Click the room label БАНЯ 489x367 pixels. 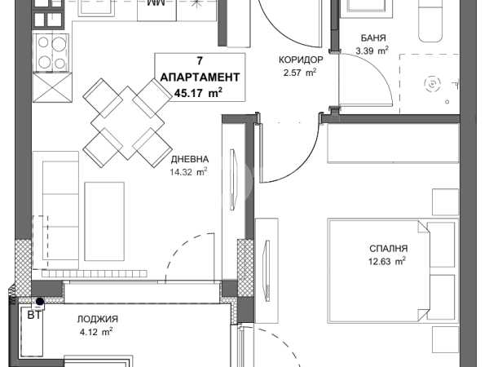tap(373, 38)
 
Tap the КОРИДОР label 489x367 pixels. tap(301, 60)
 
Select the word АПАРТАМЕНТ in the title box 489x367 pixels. tap(200, 77)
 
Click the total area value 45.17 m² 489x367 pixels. tap(198, 93)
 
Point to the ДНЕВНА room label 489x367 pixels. tap(190, 159)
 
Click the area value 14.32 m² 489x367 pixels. tap(189, 171)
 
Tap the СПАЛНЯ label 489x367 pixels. tap(388, 249)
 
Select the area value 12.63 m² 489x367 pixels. tap(387, 261)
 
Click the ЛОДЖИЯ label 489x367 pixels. tap(98, 319)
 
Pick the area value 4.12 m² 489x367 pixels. tap(96, 332)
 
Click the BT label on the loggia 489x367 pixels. tap(34, 315)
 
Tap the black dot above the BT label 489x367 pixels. tap(40, 302)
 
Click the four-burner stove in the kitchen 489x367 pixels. tap(51, 52)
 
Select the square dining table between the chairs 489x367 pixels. tap(128, 123)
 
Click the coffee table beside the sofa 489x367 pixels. tap(104, 222)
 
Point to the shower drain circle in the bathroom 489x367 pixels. tap(433, 84)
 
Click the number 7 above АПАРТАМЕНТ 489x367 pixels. tap(200, 61)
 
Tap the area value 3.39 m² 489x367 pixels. tap(372, 51)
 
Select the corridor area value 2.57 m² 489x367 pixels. tap(300, 73)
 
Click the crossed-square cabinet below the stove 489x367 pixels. tap(52, 88)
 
